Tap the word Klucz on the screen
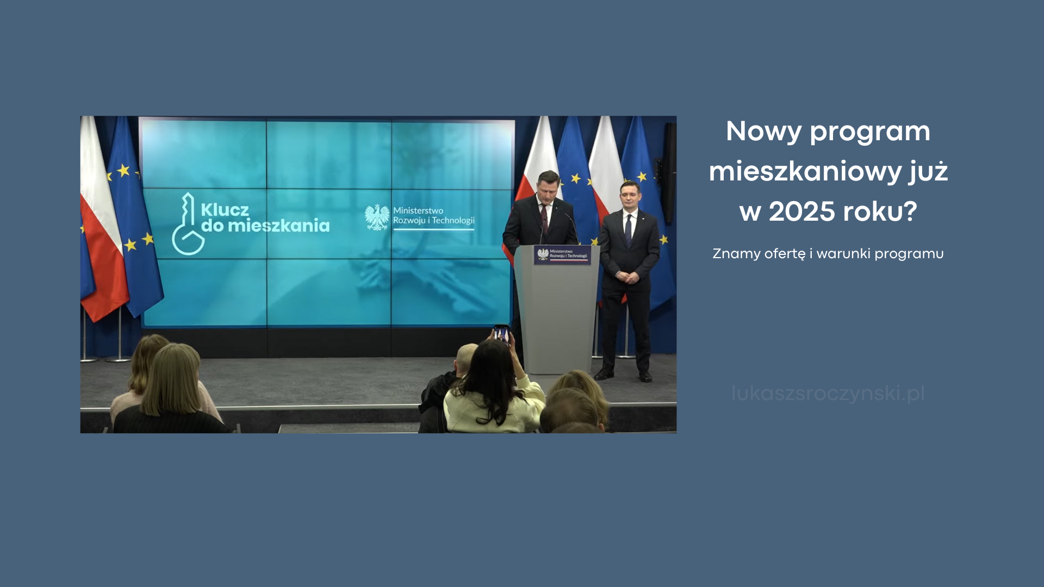[x=225, y=210]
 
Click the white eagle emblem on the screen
[x=377, y=217]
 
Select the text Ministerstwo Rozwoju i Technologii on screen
[x=433, y=216]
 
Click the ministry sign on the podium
[x=562, y=254]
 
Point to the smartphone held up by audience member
[x=501, y=335]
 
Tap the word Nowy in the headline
[x=763, y=132]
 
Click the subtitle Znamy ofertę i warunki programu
[x=828, y=254]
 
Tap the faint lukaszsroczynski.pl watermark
[x=828, y=393]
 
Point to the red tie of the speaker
[x=544, y=214]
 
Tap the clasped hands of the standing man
[x=628, y=277]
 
